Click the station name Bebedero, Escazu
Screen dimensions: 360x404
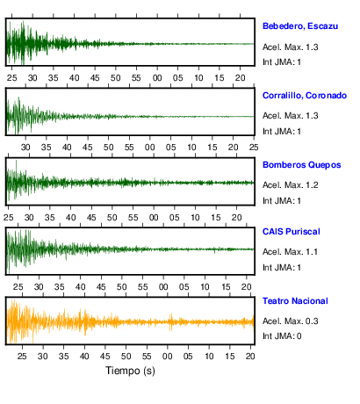[300, 26]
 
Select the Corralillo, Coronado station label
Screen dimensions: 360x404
[305, 96]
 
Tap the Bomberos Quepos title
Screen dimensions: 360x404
[302, 165]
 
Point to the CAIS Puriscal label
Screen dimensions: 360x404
[292, 232]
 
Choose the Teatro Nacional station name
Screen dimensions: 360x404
[295, 301]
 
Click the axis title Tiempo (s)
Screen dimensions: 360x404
[130, 371]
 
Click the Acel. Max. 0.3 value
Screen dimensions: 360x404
[290, 321]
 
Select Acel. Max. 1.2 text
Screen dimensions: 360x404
[290, 185]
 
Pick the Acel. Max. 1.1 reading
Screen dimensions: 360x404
[290, 252]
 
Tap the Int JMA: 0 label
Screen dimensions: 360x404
[282, 335]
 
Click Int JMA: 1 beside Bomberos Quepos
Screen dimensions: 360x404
[282, 201]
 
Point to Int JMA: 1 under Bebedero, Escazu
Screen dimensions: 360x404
[282, 62]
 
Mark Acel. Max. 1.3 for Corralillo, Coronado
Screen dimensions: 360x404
[290, 116]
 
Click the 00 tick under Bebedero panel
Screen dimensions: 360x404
[157, 78]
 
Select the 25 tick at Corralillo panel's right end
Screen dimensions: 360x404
[254, 148]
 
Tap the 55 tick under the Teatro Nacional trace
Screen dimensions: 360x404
[147, 357]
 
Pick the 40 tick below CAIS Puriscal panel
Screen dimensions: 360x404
[80, 287]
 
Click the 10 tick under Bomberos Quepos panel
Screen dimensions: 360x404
[195, 218]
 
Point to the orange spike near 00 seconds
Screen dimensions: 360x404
[171, 321]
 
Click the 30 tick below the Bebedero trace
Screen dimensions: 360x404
[32, 78]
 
